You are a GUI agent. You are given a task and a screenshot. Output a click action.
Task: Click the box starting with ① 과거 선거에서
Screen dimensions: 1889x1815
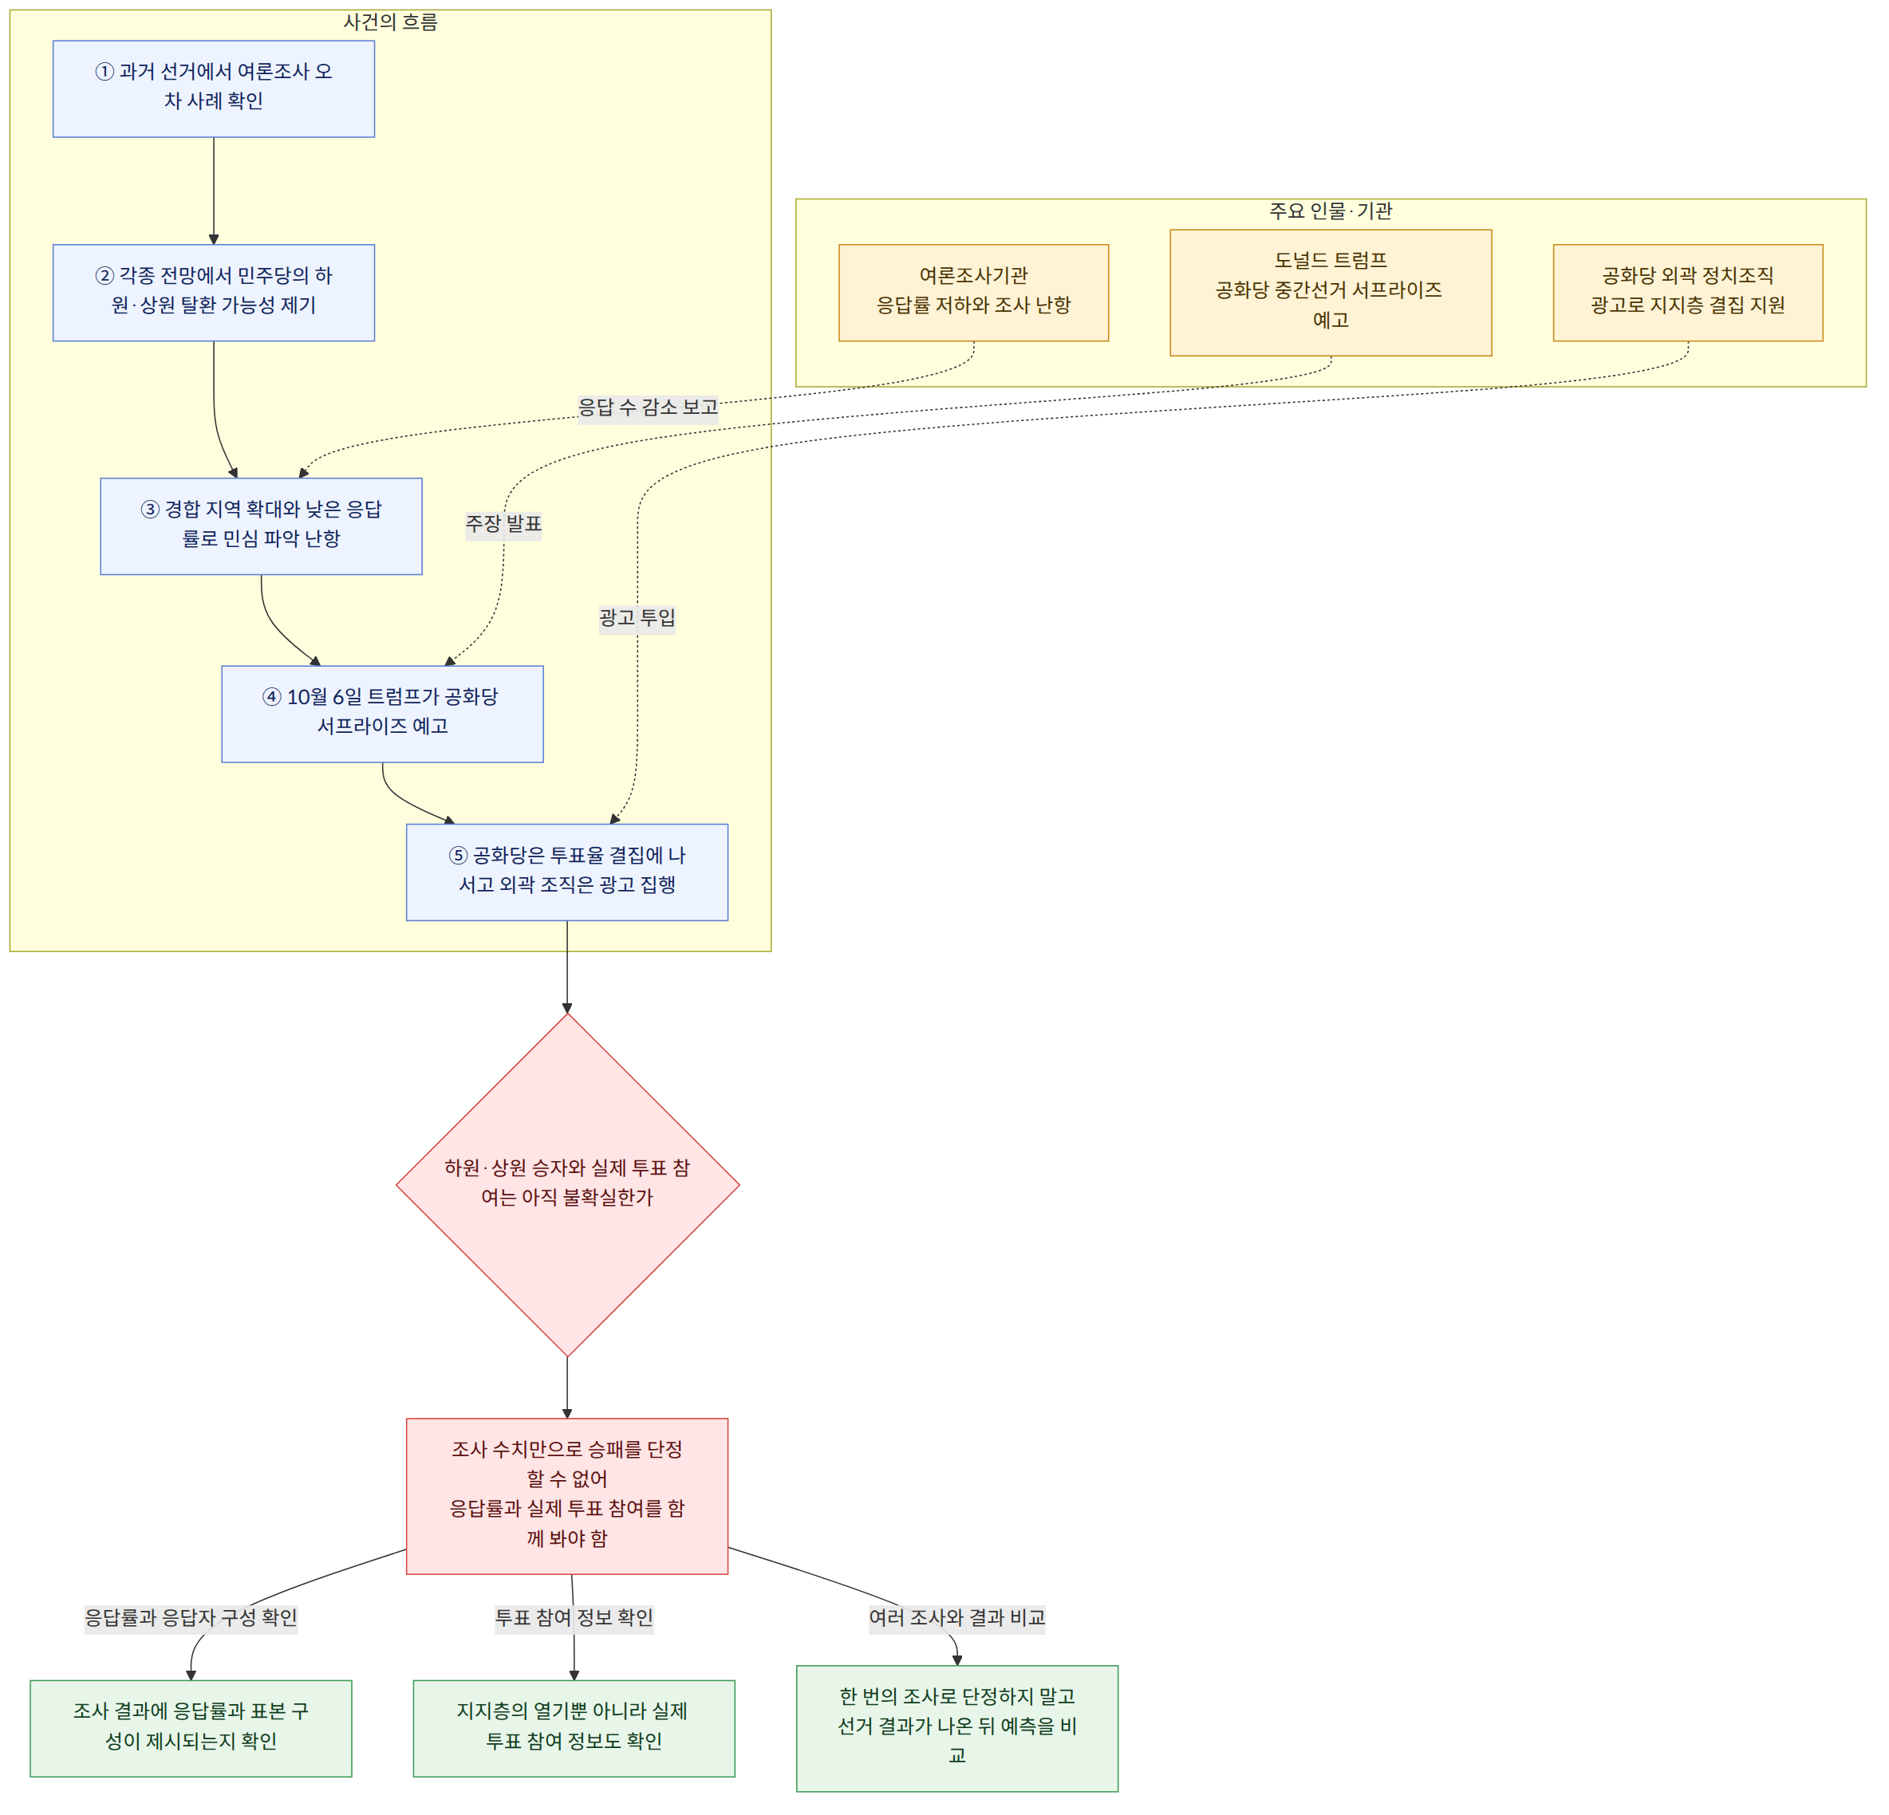pos(213,89)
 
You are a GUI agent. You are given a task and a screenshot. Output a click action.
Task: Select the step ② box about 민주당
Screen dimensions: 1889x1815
pos(213,293)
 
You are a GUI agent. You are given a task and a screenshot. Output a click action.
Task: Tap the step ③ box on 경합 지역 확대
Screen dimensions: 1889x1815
pos(261,526)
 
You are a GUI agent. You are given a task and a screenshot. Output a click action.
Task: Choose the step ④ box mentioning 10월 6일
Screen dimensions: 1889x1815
pos(383,714)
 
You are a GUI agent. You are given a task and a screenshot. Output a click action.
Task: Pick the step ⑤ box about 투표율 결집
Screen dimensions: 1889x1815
pos(566,872)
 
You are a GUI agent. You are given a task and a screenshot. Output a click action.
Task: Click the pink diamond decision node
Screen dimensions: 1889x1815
pos(568,1184)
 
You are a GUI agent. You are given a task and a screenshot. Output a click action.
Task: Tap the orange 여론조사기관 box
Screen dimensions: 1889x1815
pos(973,293)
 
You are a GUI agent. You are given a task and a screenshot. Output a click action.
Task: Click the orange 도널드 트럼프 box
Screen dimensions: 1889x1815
pos(1331,293)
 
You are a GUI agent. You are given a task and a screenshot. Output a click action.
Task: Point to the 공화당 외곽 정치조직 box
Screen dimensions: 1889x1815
pos(1687,293)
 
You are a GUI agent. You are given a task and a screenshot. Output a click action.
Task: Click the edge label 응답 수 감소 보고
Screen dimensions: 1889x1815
pos(648,407)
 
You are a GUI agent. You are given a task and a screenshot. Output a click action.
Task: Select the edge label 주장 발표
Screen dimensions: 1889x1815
pos(504,524)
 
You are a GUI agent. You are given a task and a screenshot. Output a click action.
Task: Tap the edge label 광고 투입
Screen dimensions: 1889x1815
pos(637,617)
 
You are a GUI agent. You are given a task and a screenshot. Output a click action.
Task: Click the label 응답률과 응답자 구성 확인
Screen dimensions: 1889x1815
pos(191,1617)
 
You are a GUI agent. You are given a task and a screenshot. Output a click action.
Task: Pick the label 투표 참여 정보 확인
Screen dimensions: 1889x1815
pos(574,1617)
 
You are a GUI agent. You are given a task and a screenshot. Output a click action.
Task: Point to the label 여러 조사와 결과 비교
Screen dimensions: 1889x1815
pos(957,1617)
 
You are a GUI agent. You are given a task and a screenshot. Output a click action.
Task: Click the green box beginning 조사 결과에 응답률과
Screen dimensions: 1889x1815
pos(191,1728)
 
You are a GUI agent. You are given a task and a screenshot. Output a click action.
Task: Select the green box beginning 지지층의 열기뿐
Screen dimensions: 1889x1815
pos(574,1728)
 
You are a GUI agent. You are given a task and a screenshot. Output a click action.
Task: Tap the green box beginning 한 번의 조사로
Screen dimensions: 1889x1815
pos(957,1728)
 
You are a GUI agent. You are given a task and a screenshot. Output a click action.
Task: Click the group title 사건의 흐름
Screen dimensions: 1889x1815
pos(390,22)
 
